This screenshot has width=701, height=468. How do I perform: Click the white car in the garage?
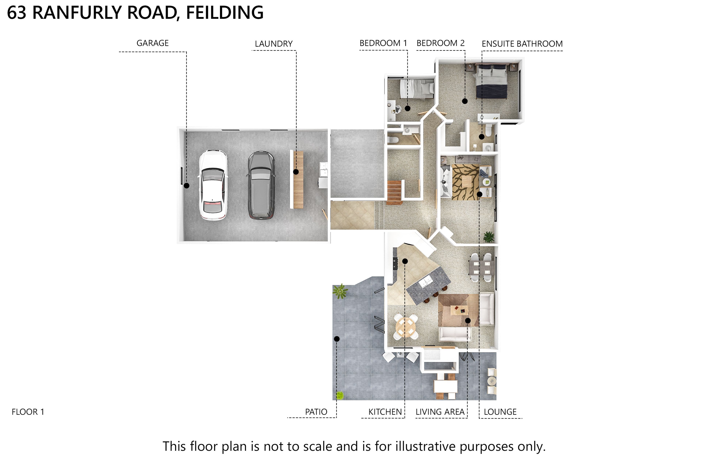pos(213,185)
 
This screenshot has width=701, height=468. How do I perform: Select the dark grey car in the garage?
pos(261,185)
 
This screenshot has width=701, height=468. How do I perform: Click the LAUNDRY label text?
pos(274,44)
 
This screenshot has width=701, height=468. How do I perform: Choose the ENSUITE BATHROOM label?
pos(522,44)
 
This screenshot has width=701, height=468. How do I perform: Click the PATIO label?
pos(316,412)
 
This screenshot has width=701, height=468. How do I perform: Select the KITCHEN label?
pos(385,412)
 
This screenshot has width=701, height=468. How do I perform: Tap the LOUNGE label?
pos(500,412)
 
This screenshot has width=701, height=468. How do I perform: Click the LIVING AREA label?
pos(440,412)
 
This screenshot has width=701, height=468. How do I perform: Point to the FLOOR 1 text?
pos(28,412)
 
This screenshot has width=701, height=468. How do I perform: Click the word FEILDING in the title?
pos(225,13)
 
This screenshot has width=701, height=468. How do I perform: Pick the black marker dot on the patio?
pos(337,339)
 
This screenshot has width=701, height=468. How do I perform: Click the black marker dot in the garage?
pos(187,186)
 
